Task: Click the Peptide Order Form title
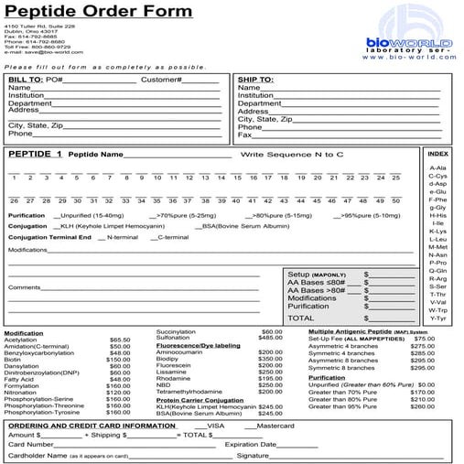click(x=108, y=12)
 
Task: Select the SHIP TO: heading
click(x=255, y=80)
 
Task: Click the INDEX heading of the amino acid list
click(x=438, y=153)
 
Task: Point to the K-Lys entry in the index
click(x=437, y=231)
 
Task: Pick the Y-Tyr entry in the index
click(x=437, y=318)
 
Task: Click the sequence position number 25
click(x=395, y=177)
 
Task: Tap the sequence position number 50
click(x=395, y=200)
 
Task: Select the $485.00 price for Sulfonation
click(x=270, y=338)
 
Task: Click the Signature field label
click(x=256, y=455)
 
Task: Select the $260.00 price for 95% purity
click(x=423, y=405)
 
